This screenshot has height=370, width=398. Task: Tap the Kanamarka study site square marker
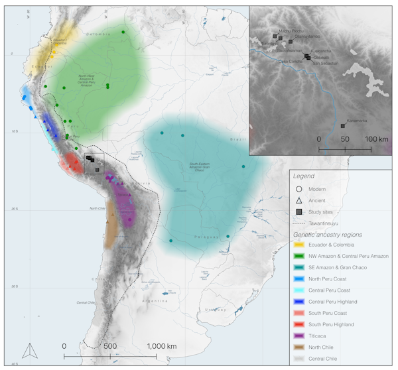[x=342, y=125]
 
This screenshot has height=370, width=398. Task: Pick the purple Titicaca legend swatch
[x=299, y=336]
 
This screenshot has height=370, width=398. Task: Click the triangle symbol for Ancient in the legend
[x=299, y=200]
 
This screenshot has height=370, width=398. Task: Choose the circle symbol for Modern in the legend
[x=299, y=189]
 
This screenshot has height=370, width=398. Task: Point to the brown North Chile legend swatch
[x=299, y=347]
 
